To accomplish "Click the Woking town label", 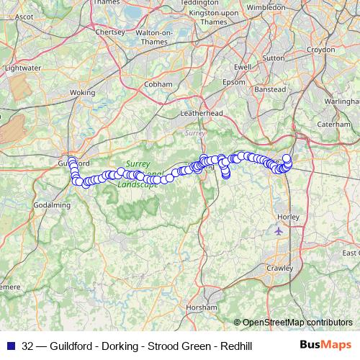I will click(83, 93).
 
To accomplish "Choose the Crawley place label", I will click(280, 267).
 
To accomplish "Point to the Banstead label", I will click(271, 90).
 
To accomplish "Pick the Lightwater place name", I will click(22, 67).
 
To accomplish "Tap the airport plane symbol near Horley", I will click(279, 231).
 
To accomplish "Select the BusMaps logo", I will click(325, 346).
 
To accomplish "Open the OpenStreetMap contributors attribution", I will click(297, 322).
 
